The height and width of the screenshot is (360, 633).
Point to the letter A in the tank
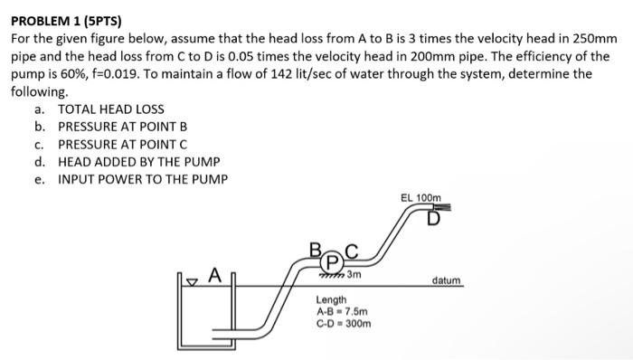pyautogui.click(x=214, y=272)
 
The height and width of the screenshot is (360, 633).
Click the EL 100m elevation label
pyautogui.click(x=420, y=198)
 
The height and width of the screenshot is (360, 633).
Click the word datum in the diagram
pyautogui.click(x=448, y=280)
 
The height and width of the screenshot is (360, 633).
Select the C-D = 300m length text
pyautogui.click(x=343, y=321)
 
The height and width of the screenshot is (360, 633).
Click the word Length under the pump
pyautogui.click(x=330, y=299)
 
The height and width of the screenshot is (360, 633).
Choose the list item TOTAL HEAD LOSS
pyautogui.click(x=111, y=109)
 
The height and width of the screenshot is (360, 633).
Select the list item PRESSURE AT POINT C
pyautogui.click(x=122, y=144)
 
